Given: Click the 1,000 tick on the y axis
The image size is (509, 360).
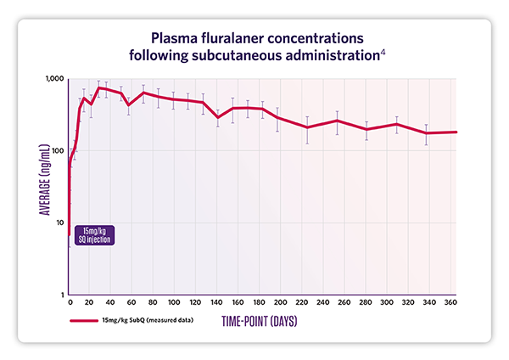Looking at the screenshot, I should pyautogui.click(x=53, y=79).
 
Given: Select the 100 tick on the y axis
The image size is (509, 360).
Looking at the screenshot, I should pyautogui.click(x=58, y=151).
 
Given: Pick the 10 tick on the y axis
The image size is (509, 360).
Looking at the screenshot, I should pyautogui.click(x=59, y=222).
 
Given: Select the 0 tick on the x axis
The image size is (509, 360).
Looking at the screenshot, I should pyautogui.click(x=69, y=303).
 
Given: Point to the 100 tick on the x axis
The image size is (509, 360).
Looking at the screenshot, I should pyautogui.click(x=174, y=303).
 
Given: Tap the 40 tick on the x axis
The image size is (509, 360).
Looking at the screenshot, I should pyautogui.click(x=110, y=303).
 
